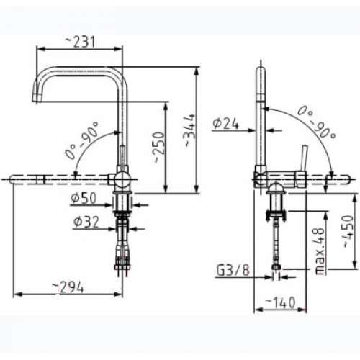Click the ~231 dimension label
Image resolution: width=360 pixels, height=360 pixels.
(x=80, y=42)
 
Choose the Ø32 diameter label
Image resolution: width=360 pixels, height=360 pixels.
(x=85, y=222)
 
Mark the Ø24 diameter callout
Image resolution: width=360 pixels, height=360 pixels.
(x=225, y=124)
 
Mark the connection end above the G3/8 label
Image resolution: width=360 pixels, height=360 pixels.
(x=276, y=267)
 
